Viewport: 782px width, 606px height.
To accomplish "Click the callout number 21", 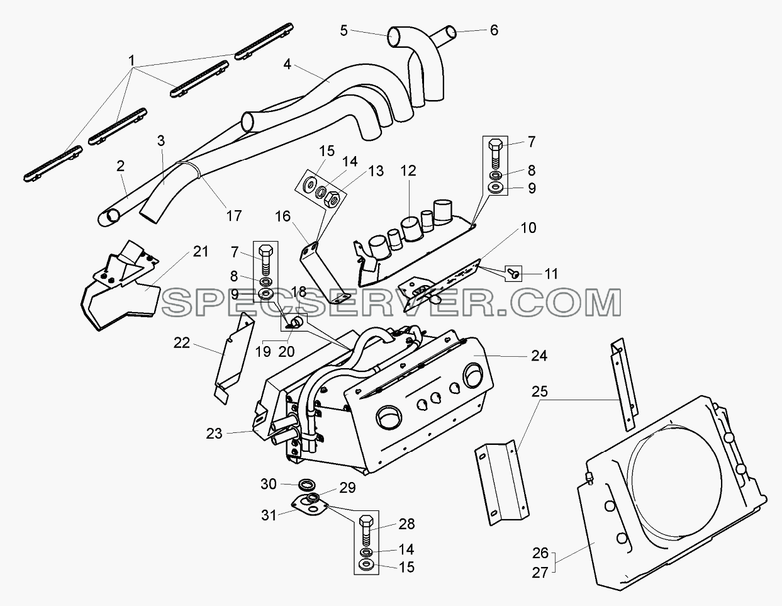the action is (x=201, y=252).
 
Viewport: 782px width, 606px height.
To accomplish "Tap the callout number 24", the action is (x=539, y=356).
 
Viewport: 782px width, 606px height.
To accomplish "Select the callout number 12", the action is (x=408, y=171).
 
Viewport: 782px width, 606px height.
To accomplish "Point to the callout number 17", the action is (x=233, y=216).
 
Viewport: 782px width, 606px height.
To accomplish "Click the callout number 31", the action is (x=269, y=515).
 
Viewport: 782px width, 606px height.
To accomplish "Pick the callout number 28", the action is (x=406, y=524).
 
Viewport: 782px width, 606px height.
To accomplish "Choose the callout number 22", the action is (x=181, y=343).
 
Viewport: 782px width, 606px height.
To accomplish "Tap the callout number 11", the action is (x=551, y=274).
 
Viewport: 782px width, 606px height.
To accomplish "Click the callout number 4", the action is (x=287, y=64).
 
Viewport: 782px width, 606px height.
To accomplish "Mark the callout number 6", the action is (x=494, y=30).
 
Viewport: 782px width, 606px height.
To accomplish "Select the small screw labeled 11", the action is (x=513, y=274).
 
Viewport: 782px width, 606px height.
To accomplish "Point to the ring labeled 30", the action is (x=306, y=484).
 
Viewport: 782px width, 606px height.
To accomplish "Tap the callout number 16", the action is (x=282, y=216).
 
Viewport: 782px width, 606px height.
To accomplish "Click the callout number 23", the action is (x=214, y=434).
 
